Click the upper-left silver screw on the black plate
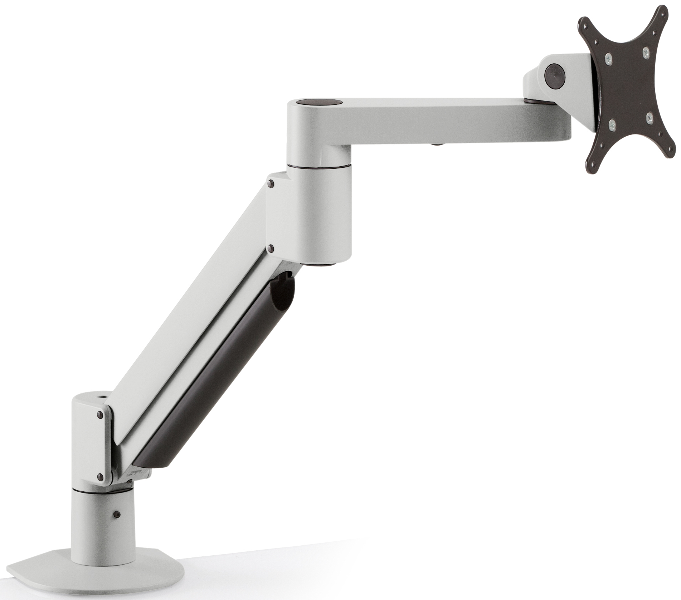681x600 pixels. pos(608,57)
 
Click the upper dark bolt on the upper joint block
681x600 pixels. pos(271,184)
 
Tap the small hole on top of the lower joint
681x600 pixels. pos(99,397)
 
